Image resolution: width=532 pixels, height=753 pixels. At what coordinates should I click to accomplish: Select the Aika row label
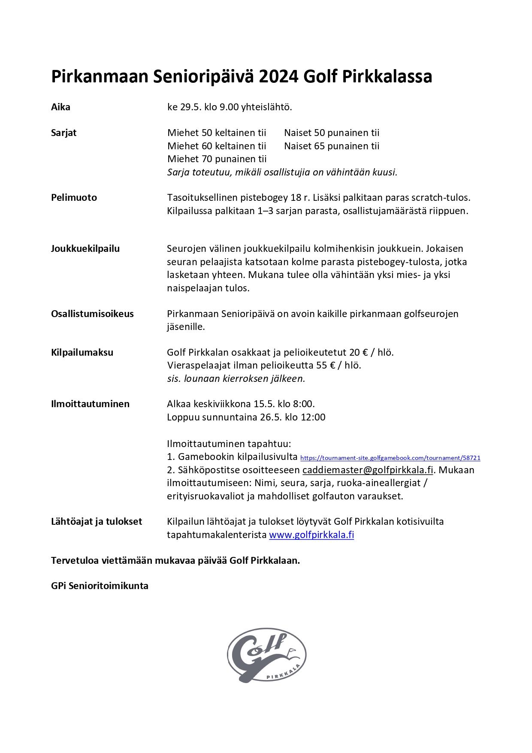pyautogui.click(x=60, y=107)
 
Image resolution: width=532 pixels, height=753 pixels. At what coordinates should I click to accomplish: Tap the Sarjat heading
pyautogui.click(x=63, y=133)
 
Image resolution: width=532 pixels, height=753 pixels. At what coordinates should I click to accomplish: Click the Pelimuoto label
pyautogui.click(x=74, y=197)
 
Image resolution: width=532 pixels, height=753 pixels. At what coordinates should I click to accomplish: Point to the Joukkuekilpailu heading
pyautogui.click(x=85, y=248)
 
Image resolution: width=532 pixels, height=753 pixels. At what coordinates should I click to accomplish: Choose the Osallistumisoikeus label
pyautogui.click(x=92, y=314)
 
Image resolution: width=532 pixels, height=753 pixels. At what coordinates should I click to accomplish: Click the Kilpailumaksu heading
pyautogui.click(x=82, y=352)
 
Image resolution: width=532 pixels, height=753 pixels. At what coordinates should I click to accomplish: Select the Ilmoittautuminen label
pyautogui.click(x=90, y=404)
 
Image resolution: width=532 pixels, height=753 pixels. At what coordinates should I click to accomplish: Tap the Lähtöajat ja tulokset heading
pyautogui.click(x=96, y=521)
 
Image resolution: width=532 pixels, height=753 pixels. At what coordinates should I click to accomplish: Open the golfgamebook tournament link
pyautogui.click(x=390, y=458)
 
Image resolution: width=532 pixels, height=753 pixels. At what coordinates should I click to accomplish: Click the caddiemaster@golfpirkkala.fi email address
pyautogui.click(x=368, y=470)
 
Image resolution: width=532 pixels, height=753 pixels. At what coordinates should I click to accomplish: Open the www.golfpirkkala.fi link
pyautogui.click(x=311, y=535)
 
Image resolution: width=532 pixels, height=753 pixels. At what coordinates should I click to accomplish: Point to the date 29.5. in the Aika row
pyautogui.click(x=189, y=107)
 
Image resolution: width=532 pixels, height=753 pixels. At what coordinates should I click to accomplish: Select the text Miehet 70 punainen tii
pyautogui.click(x=217, y=159)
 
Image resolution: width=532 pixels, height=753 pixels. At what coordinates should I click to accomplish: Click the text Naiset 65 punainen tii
pyautogui.click(x=332, y=146)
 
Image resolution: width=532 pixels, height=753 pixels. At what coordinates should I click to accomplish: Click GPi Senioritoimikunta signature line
pyautogui.click(x=100, y=586)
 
